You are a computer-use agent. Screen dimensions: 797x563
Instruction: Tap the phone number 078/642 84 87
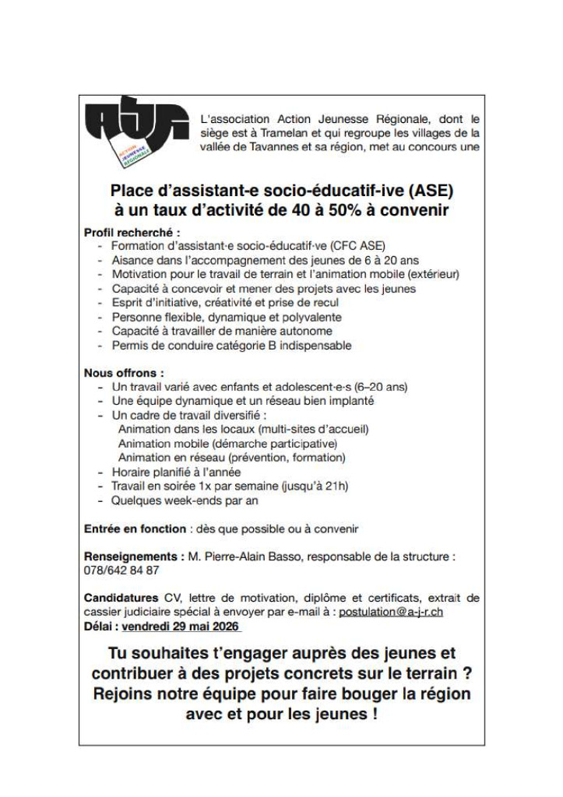(x=121, y=570)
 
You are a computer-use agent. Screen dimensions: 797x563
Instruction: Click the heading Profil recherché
(x=132, y=232)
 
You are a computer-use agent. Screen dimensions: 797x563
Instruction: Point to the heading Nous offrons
(x=123, y=373)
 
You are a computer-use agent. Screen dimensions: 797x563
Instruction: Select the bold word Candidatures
(x=121, y=598)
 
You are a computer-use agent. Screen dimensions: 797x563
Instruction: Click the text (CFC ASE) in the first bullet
(x=357, y=246)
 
